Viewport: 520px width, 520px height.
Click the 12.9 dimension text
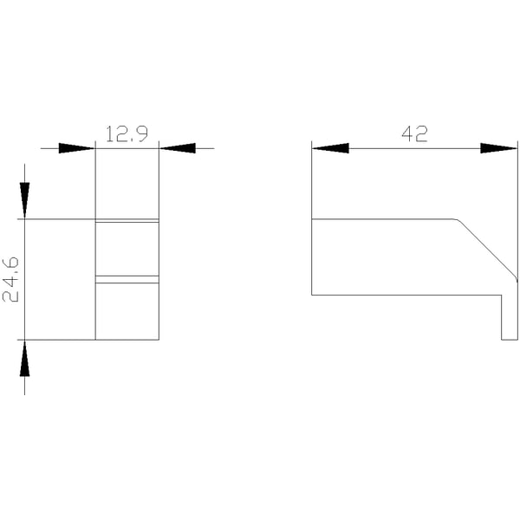tap(127, 134)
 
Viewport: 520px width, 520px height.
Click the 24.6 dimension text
tap(10, 280)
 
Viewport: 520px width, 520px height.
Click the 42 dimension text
tap(414, 134)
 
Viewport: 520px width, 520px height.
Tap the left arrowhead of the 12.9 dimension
tap(77, 148)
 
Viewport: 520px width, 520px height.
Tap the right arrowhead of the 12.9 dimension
tap(178, 148)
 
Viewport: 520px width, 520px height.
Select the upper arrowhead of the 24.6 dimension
tap(24, 201)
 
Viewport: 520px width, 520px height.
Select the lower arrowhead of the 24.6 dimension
tap(24, 358)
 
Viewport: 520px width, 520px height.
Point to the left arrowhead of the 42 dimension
tap(330, 148)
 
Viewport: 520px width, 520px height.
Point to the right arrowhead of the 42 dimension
tap(499, 148)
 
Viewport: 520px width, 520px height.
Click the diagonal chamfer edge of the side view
tap(487, 249)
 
